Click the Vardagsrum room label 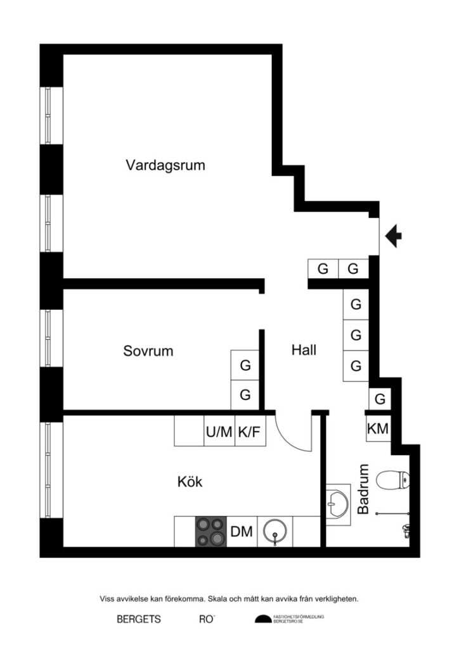tap(165, 166)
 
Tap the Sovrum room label tap(148, 350)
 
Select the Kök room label tap(190, 482)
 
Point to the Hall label tap(304, 350)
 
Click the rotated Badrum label tap(363, 489)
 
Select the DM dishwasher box tap(242, 532)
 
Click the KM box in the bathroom tap(378, 429)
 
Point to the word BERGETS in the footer tap(139, 619)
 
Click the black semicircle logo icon tap(262, 619)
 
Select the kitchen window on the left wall tap(51, 470)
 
